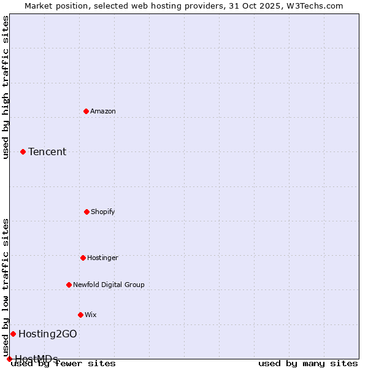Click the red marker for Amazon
pyautogui.click(x=86, y=111)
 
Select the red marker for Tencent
pyautogui.click(x=23, y=151)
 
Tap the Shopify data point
pyautogui.click(x=86, y=212)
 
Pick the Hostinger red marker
pyautogui.click(x=83, y=258)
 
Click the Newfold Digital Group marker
pyautogui.click(x=69, y=285)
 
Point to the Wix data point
pyautogui.click(x=80, y=315)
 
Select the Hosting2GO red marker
pyautogui.click(x=13, y=334)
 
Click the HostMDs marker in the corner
pyautogui.click(x=9, y=359)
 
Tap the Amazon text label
pyautogui.click(x=103, y=111)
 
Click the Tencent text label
pyautogui.click(x=47, y=152)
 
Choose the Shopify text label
pyautogui.click(x=103, y=212)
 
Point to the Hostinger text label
pyautogui.click(x=102, y=258)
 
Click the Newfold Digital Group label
pyautogui.click(x=109, y=285)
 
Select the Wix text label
pyautogui.click(x=91, y=315)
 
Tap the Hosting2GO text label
pyautogui.click(x=48, y=334)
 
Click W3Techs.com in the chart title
pyautogui.click(x=313, y=6)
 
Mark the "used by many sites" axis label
pyautogui.click(x=308, y=364)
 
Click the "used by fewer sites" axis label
pyautogui.click(x=64, y=364)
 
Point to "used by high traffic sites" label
pyautogui.click(x=6, y=87)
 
